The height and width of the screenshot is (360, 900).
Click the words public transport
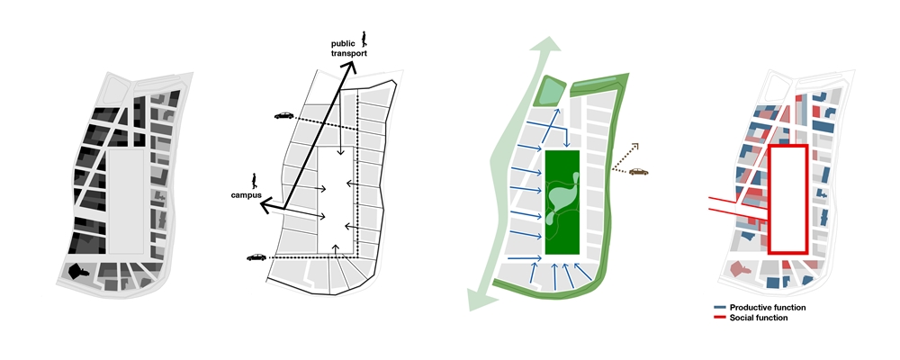coord(348,49)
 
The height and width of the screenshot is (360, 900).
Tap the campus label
coord(247,195)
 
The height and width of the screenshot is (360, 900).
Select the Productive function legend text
coord(768,308)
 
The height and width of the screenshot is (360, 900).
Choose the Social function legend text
coord(758,318)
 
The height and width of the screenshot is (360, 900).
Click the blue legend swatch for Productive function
coord(720,308)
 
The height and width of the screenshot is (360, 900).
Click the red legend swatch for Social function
coord(720,318)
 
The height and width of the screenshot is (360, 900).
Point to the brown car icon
coord(638,171)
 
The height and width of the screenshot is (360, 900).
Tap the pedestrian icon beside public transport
coord(364,39)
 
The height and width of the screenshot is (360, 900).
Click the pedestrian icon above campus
coord(253,181)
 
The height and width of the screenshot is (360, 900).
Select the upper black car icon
coord(284,115)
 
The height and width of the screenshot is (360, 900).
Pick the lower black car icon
coord(256,257)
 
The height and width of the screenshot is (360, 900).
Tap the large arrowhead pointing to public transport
coord(350,67)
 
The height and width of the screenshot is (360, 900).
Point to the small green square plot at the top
coord(549,91)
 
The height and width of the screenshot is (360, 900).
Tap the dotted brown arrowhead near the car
coord(634,147)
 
